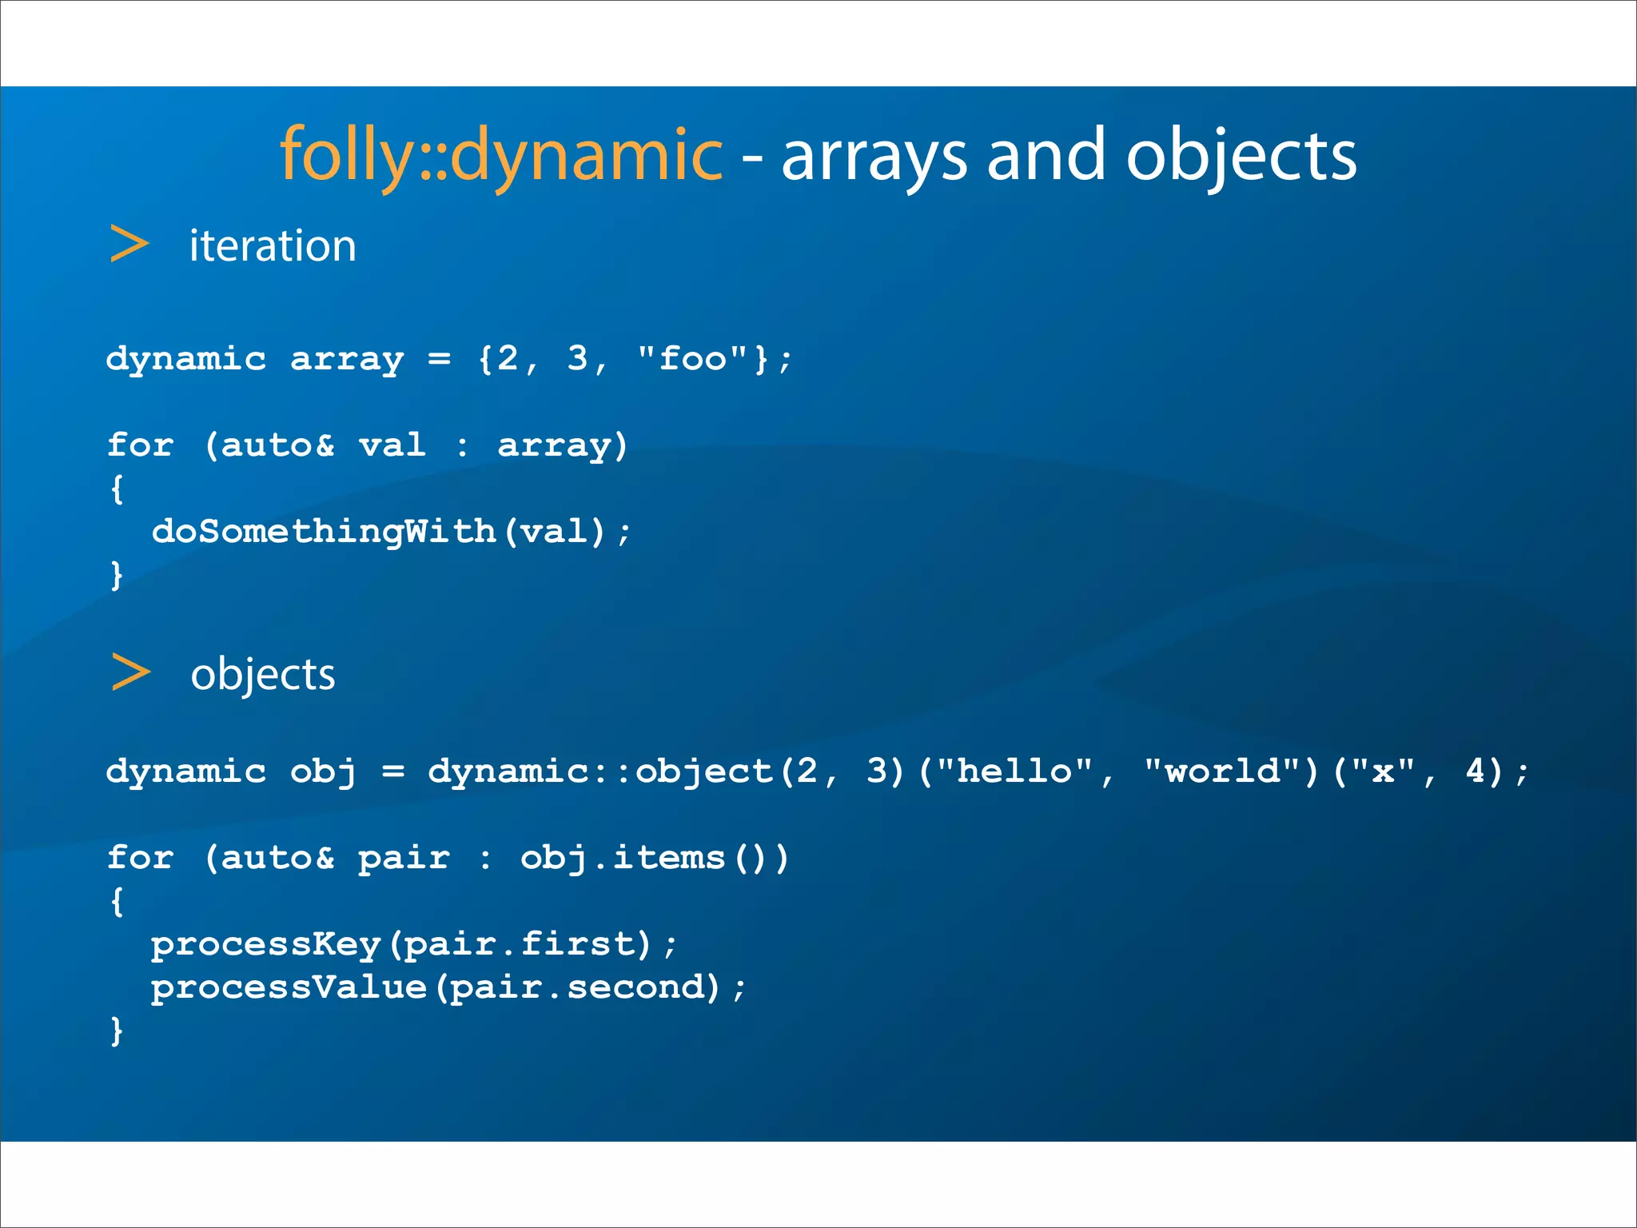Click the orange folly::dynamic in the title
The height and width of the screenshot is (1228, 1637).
[501, 155]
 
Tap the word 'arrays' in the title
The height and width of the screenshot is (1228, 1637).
[874, 157]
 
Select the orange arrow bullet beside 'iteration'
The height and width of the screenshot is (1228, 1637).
[129, 244]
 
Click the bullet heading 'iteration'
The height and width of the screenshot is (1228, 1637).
[273, 245]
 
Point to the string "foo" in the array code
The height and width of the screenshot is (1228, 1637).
[692, 359]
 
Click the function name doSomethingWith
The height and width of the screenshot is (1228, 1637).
[323, 532]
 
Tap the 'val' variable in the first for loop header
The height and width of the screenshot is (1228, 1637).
[392, 445]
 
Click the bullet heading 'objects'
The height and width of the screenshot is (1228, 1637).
[263, 674]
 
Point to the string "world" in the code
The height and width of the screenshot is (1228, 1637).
[1223, 771]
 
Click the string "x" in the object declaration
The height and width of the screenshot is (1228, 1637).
[1383, 771]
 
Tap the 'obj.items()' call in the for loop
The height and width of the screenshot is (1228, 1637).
[654, 858]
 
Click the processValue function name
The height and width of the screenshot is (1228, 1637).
[289, 987]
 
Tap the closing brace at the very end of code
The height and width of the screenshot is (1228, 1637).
[117, 1031]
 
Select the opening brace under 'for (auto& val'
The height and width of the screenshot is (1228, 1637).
[117, 488]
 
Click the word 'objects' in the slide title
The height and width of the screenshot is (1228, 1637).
[1241, 157]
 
